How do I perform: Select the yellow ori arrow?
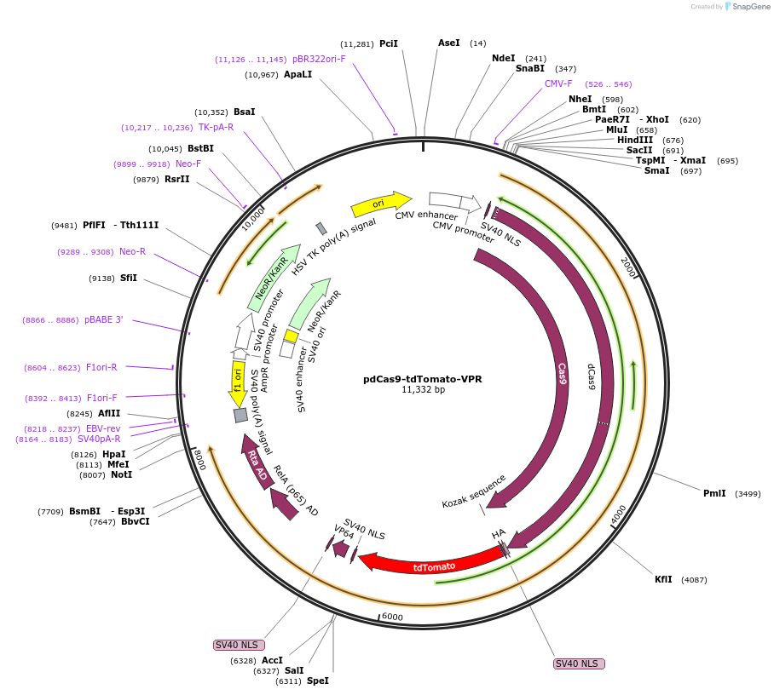pyautogui.click(x=379, y=204)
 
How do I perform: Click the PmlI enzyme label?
pyautogui.click(x=714, y=493)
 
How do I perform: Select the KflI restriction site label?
pyautogui.click(x=663, y=580)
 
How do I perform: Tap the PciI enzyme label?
pyautogui.click(x=389, y=43)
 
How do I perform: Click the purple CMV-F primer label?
pyautogui.click(x=558, y=83)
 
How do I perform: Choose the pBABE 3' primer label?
pyautogui.click(x=103, y=320)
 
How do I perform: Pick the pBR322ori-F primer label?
pyautogui.click(x=319, y=59)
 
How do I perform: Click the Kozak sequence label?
pyautogui.click(x=474, y=491)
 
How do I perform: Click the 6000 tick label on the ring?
pyautogui.click(x=392, y=617)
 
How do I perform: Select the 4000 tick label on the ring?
pyautogui.click(x=617, y=515)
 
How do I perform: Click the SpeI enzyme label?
pyautogui.click(x=317, y=681)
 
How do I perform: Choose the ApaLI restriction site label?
pyautogui.click(x=298, y=75)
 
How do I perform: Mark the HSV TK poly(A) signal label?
pyautogui.click(x=334, y=245)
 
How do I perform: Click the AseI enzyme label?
pyautogui.click(x=448, y=43)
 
